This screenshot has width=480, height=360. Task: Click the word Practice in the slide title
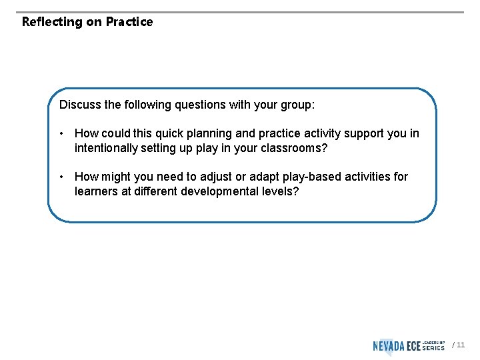click(x=129, y=21)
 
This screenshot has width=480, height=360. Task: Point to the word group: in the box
click(x=298, y=105)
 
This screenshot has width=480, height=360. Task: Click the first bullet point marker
click(x=61, y=133)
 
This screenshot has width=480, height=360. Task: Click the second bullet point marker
click(x=61, y=177)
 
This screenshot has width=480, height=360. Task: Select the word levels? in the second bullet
click(x=280, y=191)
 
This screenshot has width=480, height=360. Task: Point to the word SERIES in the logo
click(x=434, y=348)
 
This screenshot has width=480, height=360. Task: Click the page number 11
click(x=461, y=345)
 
